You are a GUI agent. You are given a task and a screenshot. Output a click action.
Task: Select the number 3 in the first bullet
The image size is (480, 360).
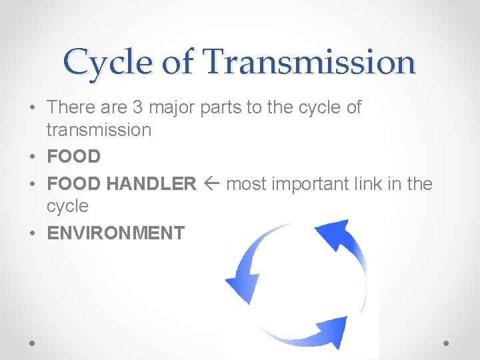click(143, 107)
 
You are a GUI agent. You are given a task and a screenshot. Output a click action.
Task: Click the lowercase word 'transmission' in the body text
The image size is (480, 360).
click(99, 129)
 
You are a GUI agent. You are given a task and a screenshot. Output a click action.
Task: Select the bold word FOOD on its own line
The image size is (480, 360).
click(73, 157)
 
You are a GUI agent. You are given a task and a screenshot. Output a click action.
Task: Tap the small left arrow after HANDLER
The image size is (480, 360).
click(211, 184)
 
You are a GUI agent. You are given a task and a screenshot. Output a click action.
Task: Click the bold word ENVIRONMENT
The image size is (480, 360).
click(115, 233)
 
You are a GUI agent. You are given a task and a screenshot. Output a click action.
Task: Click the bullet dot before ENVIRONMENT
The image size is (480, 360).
click(33, 234)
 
